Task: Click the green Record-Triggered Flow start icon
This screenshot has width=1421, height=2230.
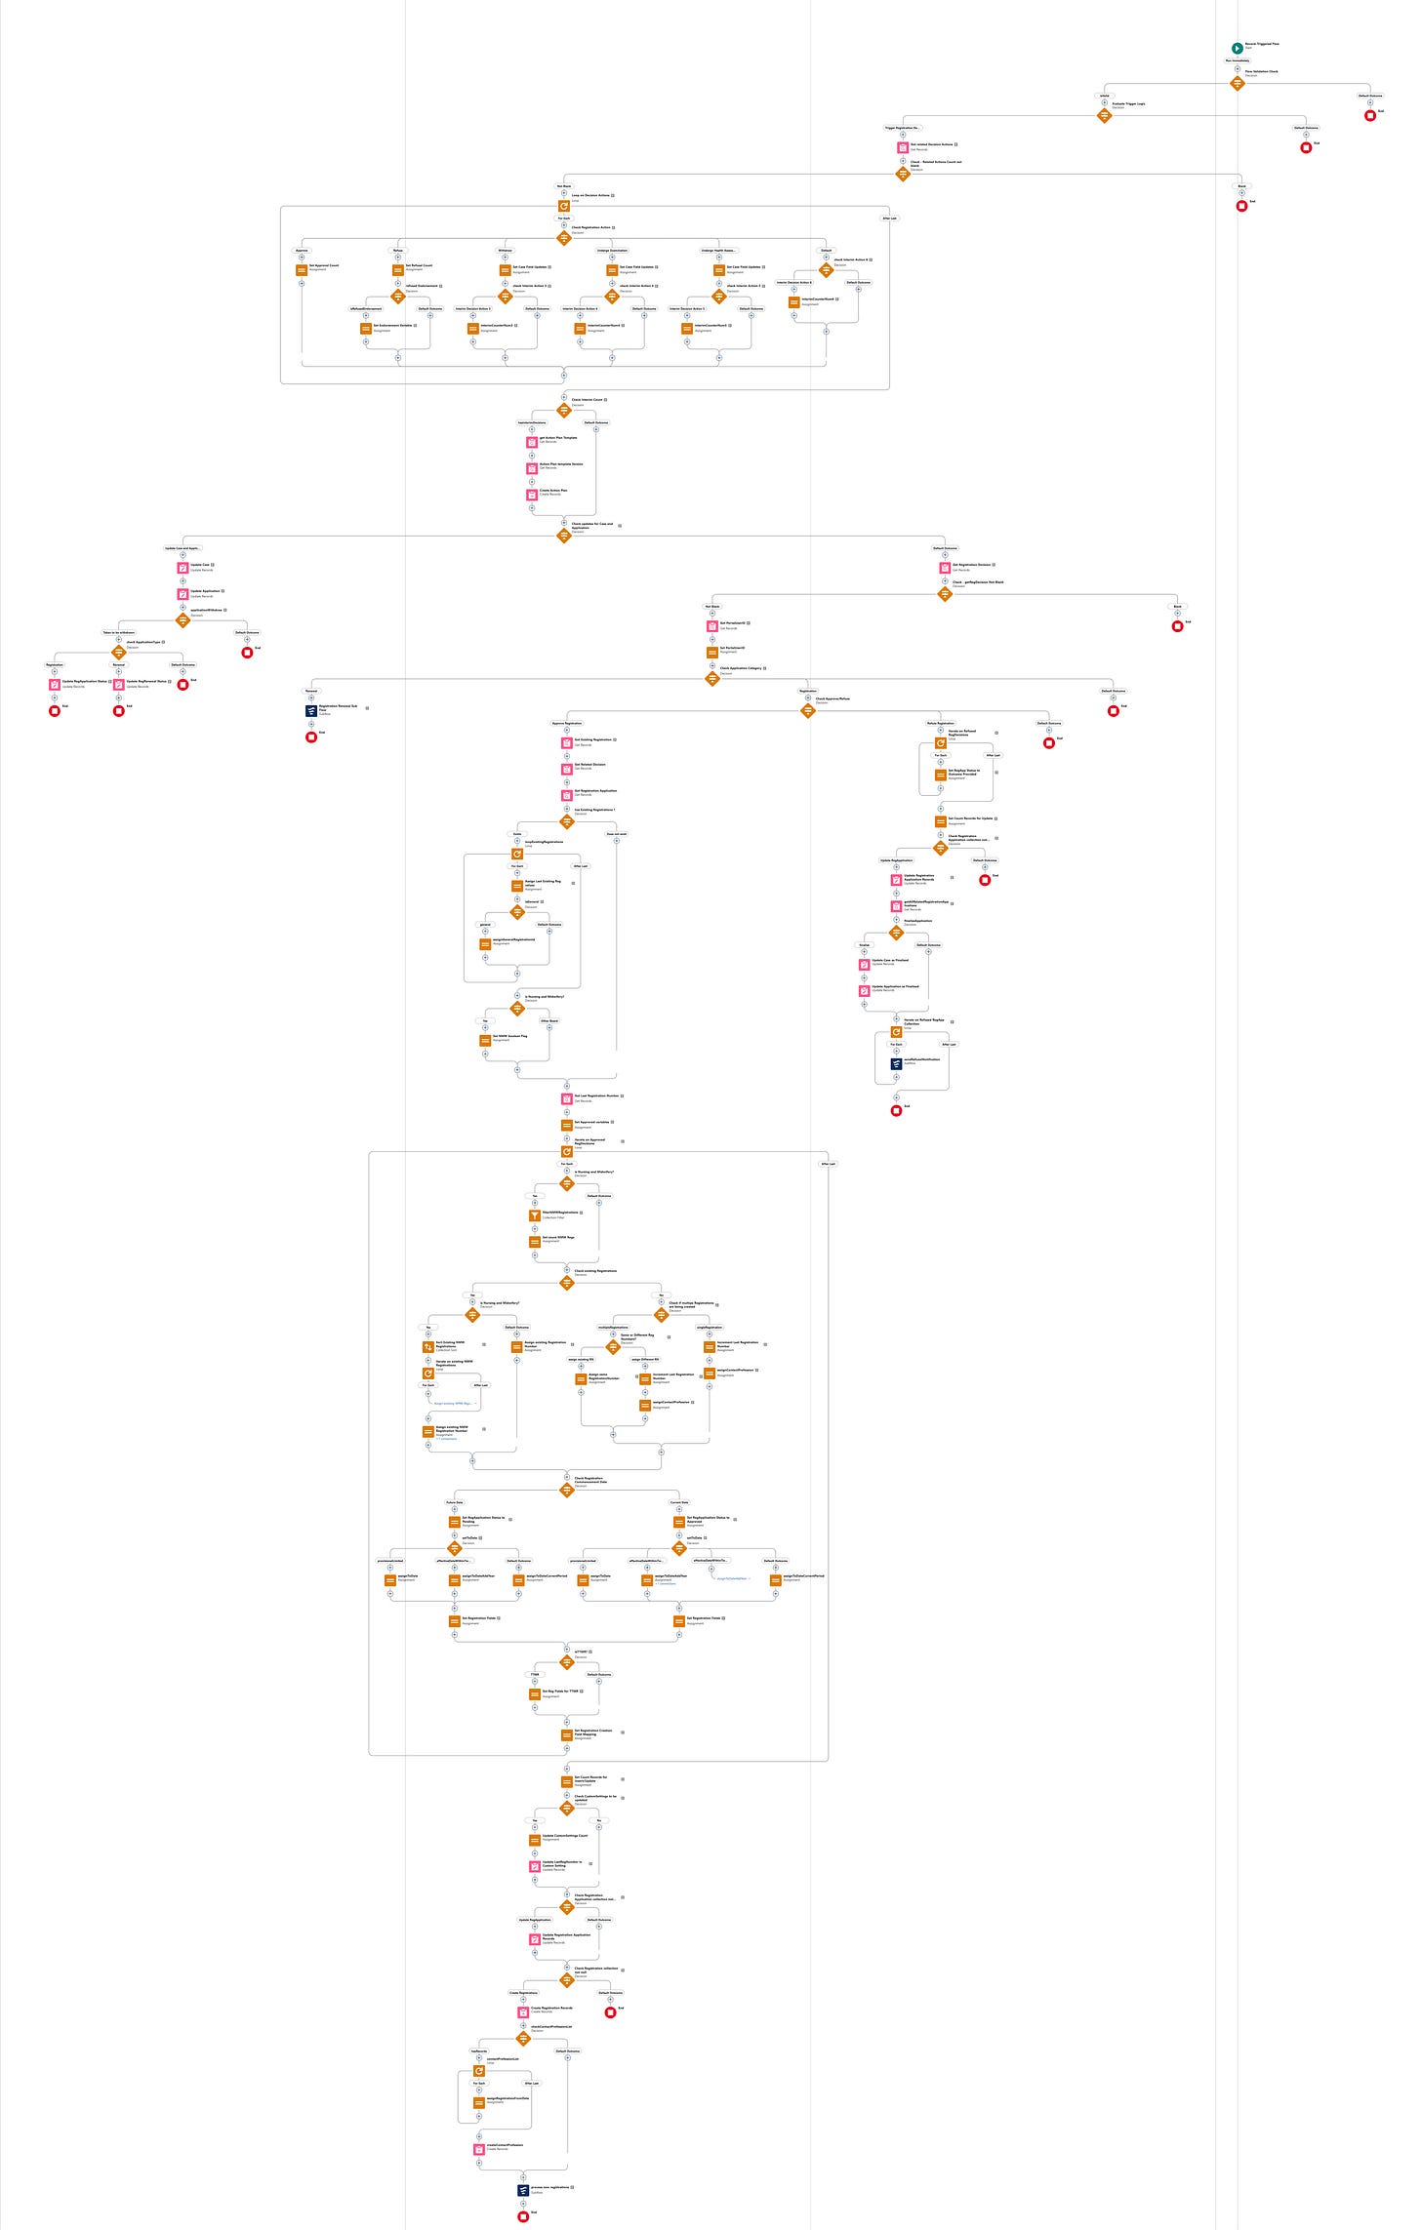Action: click(1237, 48)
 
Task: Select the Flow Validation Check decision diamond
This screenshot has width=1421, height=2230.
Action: click(1237, 83)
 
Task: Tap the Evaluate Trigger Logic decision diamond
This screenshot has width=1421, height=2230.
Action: click(1105, 115)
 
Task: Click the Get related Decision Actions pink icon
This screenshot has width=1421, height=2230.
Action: click(903, 147)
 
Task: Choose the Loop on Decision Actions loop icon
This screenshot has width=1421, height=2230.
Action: click(564, 206)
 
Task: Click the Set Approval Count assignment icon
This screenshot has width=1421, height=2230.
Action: click(302, 270)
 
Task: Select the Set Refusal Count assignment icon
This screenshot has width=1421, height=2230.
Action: click(398, 270)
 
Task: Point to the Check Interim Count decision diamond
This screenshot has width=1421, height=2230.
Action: click(564, 411)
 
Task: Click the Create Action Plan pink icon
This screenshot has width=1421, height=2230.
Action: click(532, 495)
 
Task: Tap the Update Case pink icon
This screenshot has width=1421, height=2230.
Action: click(183, 568)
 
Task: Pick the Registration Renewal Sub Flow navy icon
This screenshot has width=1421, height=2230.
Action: click(311, 711)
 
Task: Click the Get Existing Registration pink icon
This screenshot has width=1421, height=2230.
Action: click(567, 743)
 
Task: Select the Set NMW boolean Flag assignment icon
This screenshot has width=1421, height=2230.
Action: click(485, 1041)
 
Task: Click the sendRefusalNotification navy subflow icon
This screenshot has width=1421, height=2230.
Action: click(896, 1063)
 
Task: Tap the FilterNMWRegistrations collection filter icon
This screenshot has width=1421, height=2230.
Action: click(535, 1215)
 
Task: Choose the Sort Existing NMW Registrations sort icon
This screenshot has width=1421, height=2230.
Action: click(427, 1347)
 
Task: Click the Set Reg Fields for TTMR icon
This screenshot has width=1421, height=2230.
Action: click(535, 1694)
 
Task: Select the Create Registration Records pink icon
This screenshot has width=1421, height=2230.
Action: click(523, 2011)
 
